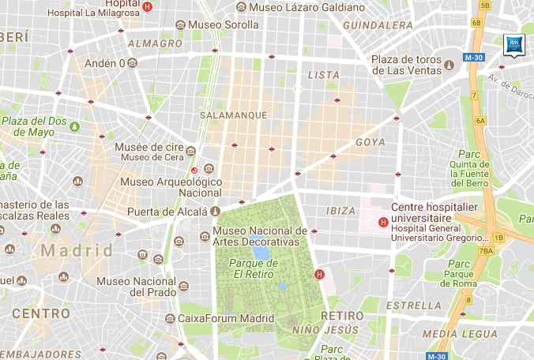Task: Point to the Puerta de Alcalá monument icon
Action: click(x=214, y=212)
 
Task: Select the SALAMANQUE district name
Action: click(x=235, y=115)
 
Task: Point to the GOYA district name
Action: click(x=370, y=142)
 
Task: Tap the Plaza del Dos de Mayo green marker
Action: click(x=75, y=126)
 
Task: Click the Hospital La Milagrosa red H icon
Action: click(x=148, y=6)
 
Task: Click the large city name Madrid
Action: click(x=77, y=251)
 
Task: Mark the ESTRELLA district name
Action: click(x=414, y=305)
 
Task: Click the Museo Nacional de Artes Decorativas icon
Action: click(x=203, y=233)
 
